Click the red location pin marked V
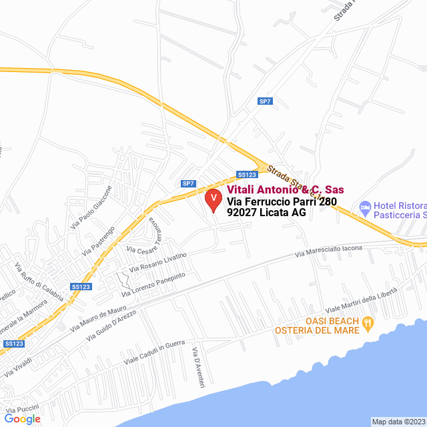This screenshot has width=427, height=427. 213,199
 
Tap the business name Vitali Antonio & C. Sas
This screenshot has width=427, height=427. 281,190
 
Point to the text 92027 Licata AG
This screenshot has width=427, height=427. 266,213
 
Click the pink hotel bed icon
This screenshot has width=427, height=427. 365,208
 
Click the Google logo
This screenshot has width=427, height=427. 22,418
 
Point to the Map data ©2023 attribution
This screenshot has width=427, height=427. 398,422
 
